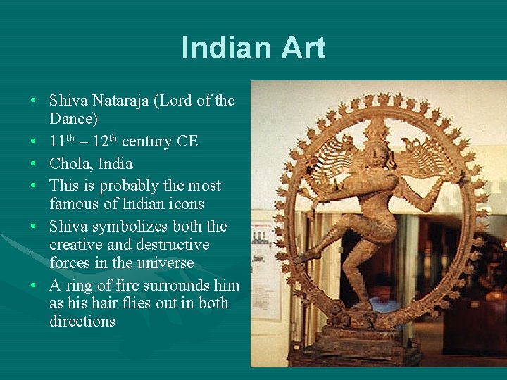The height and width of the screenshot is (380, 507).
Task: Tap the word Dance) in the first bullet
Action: [73, 119]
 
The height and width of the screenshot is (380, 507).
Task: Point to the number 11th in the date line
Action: [61, 141]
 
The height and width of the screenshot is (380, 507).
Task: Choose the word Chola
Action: [70, 164]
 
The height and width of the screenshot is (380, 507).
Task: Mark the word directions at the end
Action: [82, 322]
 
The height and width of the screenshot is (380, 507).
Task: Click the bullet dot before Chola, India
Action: [34, 164]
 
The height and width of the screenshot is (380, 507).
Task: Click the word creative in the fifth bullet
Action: [73, 245]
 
